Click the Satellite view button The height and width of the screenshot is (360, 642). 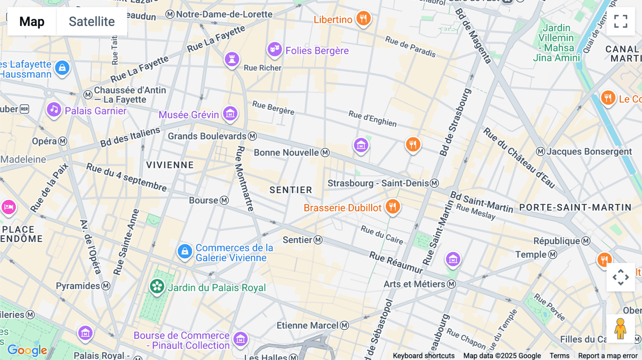(x=92, y=21)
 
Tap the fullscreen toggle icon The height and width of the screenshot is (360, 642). (x=621, y=21)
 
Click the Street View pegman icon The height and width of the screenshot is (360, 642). (x=621, y=328)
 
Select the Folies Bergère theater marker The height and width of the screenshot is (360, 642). (x=275, y=49)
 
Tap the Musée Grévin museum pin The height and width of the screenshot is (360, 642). (x=230, y=114)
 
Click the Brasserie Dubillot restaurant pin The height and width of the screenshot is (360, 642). (x=393, y=206)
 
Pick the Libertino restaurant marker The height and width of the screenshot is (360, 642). (x=363, y=18)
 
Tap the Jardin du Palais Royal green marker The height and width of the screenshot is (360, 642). (x=157, y=286)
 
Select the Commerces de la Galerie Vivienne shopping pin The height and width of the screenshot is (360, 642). (x=185, y=251)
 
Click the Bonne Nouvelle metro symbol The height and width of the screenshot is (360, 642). (x=325, y=153)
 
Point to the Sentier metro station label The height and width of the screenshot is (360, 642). (x=297, y=240)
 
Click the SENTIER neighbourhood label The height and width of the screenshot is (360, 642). (x=291, y=190)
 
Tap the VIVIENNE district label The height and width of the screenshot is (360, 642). (x=170, y=165)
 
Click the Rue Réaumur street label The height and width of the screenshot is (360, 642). (x=396, y=262)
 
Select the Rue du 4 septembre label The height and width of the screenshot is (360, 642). (x=127, y=177)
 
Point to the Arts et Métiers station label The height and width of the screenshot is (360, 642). (x=414, y=284)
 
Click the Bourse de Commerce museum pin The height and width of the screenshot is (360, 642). (x=240, y=339)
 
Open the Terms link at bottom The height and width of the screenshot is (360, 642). (x=559, y=356)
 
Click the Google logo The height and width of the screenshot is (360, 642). (x=27, y=350)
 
